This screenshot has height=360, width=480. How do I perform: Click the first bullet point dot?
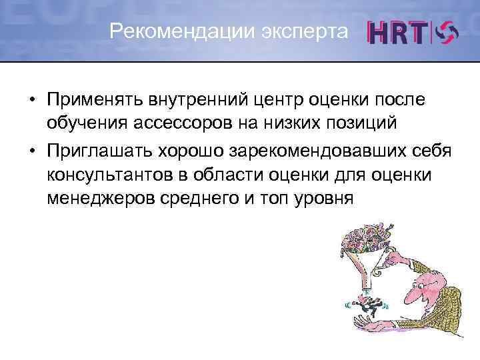coord(31,99)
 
